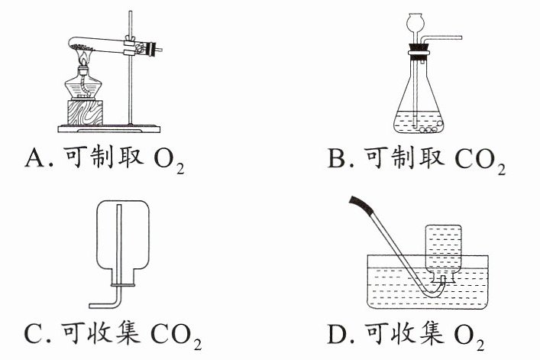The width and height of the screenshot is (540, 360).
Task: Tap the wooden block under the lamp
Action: pos(85,112)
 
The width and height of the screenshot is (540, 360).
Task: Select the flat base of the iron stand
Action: pos(108,129)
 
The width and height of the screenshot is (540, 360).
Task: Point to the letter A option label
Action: pos(35,158)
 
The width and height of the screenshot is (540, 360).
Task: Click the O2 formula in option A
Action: pos(169,161)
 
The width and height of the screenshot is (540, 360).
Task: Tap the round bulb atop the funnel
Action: pos(414,21)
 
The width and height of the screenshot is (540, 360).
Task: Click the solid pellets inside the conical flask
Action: pos(428,128)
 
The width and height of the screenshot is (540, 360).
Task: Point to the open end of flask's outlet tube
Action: pos(461,37)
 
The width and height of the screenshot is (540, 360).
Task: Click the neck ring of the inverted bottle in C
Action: pos(123,285)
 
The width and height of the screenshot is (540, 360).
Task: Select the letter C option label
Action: pos(34,333)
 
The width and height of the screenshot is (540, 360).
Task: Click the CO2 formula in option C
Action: pos(176,336)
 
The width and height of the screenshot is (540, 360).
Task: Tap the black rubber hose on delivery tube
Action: pos(361,205)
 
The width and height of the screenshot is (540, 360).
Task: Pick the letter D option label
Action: pos(337,333)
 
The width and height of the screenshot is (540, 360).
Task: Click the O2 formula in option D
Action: pos(469,336)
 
